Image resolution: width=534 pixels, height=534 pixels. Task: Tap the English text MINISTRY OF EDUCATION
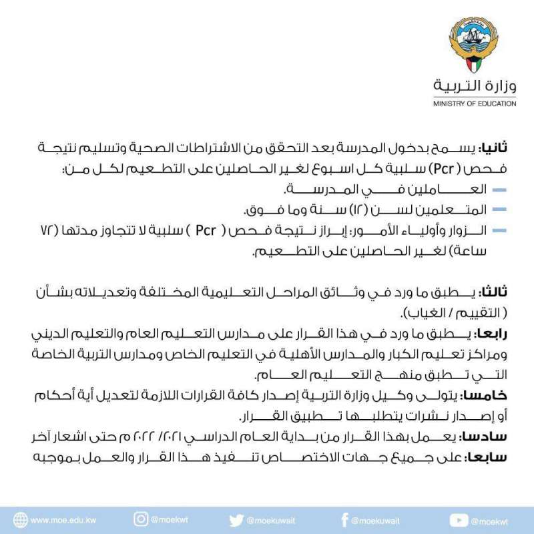tap(474, 104)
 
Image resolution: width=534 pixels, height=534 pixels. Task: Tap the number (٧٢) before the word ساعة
tap(47, 231)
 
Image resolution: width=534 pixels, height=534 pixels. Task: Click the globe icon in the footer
tap(21, 520)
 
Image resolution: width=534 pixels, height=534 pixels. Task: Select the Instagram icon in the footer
tap(141, 520)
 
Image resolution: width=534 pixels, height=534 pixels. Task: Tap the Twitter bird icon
tap(236, 520)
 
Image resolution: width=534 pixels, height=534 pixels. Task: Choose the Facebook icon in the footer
tap(344, 520)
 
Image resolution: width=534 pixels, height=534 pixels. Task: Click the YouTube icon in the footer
tap(459, 520)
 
